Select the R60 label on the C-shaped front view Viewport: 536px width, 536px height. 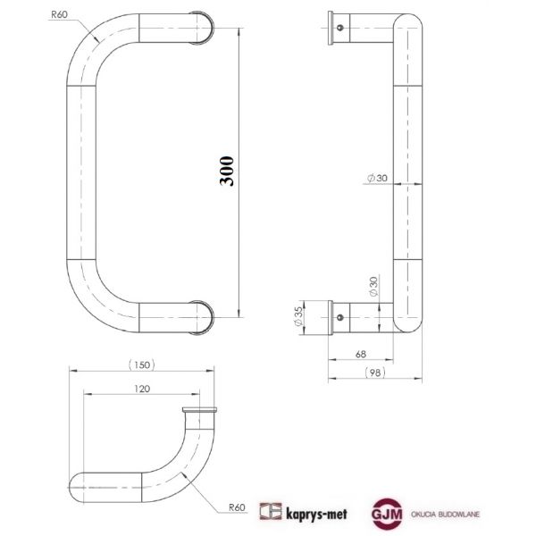tap(61, 14)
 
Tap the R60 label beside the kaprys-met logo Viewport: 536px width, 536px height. tap(236, 507)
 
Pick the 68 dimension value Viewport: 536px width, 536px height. tap(361, 355)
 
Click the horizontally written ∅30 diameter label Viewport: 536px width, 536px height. tap(376, 179)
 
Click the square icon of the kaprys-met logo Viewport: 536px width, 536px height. tap(269, 512)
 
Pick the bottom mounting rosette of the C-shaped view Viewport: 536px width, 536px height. tap(205, 317)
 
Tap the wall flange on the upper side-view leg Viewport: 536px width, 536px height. tap(331, 26)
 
